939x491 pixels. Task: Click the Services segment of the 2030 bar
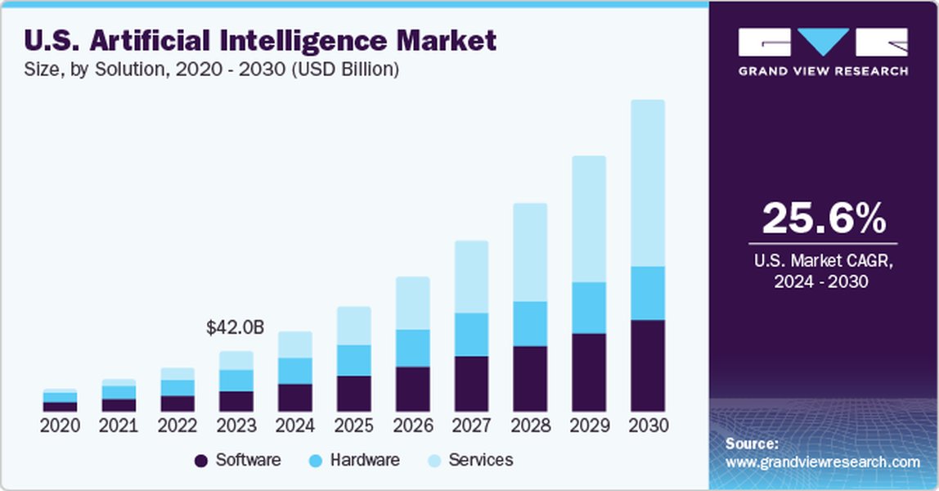click(x=647, y=183)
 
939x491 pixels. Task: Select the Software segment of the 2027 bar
click(x=471, y=383)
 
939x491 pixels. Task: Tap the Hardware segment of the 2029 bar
click(x=588, y=308)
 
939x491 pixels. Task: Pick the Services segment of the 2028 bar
click(x=530, y=252)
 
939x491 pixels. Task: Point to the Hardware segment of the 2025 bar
click(x=353, y=360)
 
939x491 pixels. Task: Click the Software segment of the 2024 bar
click(x=294, y=397)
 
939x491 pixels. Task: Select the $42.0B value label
click(x=235, y=328)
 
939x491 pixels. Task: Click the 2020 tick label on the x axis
click(x=60, y=426)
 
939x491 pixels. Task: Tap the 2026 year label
click(x=412, y=426)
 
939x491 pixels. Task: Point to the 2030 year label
click(x=648, y=426)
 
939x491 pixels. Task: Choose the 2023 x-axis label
click(x=236, y=426)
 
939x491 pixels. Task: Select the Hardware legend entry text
click(x=365, y=460)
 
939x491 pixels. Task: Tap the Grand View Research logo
click(x=823, y=51)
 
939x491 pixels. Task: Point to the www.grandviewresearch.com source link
click(x=823, y=462)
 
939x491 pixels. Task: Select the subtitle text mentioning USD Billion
click(x=212, y=70)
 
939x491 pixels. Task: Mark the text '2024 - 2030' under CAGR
click(x=823, y=282)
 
